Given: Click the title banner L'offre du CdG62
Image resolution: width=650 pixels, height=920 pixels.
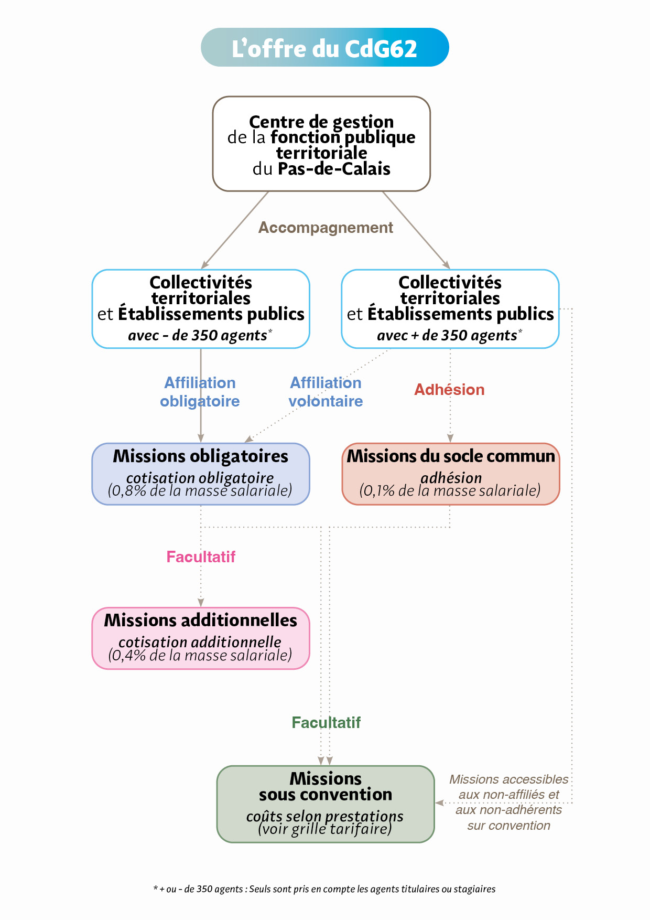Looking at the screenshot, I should click(x=324, y=48).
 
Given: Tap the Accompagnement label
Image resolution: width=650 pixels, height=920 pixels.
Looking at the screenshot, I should click(x=326, y=228).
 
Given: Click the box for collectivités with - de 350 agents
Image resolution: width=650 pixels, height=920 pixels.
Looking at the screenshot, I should click(x=201, y=308).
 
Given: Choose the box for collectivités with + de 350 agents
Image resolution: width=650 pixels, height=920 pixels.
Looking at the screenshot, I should click(x=450, y=308).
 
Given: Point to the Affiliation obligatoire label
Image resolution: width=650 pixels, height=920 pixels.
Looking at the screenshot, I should click(x=200, y=392).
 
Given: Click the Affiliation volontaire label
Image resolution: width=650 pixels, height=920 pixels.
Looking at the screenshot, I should click(x=326, y=392).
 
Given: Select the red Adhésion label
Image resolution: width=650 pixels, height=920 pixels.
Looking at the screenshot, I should click(x=449, y=390).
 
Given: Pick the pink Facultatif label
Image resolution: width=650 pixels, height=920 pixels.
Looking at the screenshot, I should click(x=201, y=557).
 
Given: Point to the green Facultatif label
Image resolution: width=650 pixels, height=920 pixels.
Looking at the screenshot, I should click(x=326, y=722).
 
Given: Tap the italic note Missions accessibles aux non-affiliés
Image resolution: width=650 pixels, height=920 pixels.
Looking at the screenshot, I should click(x=508, y=802).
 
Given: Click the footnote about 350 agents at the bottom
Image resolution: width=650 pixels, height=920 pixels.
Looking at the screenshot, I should click(x=324, y=889).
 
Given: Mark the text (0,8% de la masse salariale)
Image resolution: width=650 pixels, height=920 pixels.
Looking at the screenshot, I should click(x=200, y=491).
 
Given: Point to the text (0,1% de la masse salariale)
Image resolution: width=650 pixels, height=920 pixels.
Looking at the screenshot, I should click(x=450, y=491).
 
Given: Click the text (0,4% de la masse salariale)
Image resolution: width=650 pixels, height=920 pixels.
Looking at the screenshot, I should click(x=200, y=655).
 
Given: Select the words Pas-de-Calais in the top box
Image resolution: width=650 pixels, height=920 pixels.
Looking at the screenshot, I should click(x=334, y=169).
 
